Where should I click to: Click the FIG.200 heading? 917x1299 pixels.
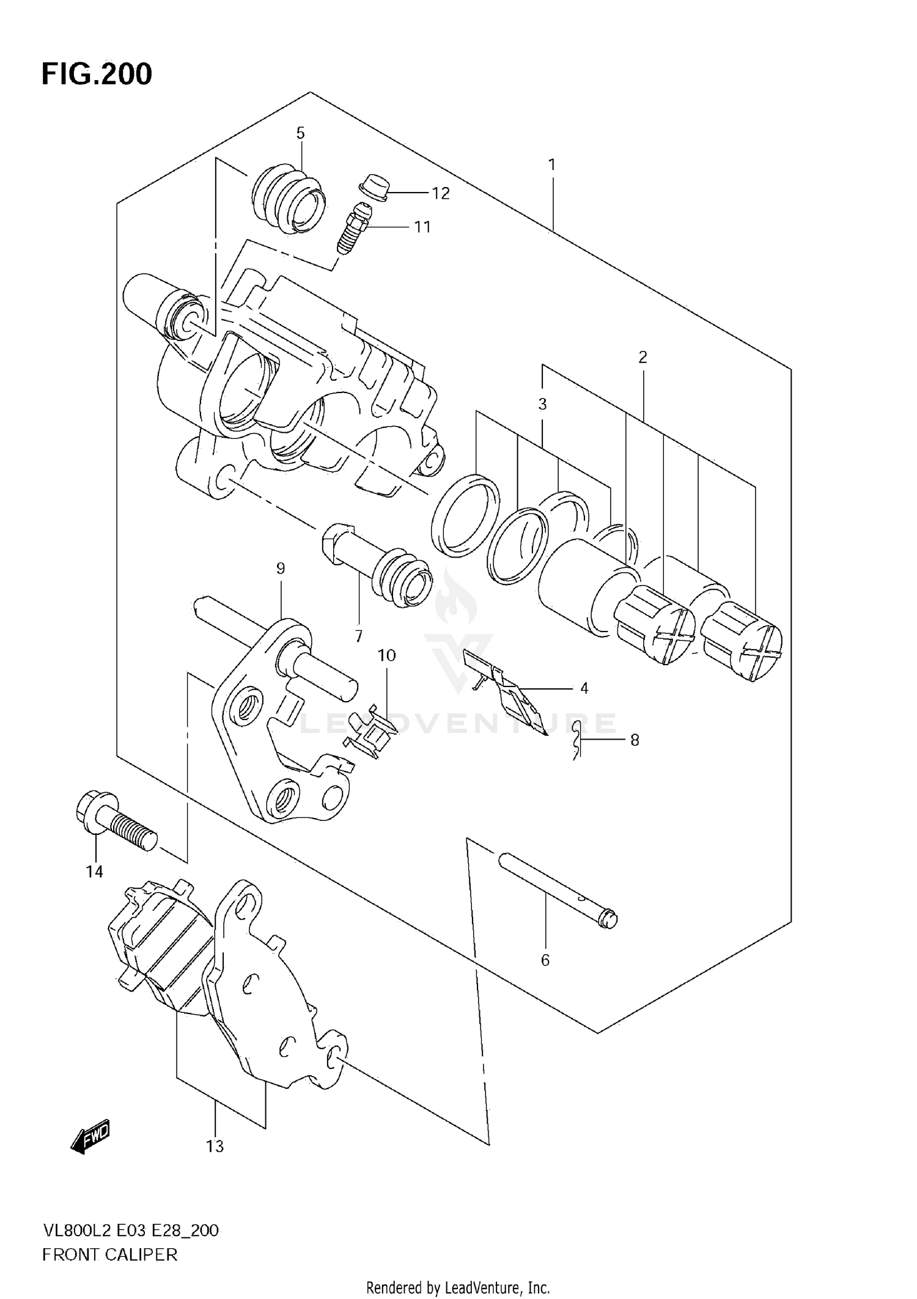pos(97,74)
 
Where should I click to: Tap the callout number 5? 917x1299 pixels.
pos(300,133)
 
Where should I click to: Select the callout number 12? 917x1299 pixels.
pos(440,193)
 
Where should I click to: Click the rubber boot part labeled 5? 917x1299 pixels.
pos(288,198)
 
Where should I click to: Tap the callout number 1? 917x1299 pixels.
pos(551,164)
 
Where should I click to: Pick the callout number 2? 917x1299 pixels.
pos(643,357)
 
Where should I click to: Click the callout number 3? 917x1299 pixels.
pos(542,403)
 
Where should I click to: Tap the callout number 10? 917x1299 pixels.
pos(386,655)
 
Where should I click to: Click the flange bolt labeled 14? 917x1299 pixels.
pos(115,820)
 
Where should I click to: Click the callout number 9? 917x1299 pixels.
pos(281,569)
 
